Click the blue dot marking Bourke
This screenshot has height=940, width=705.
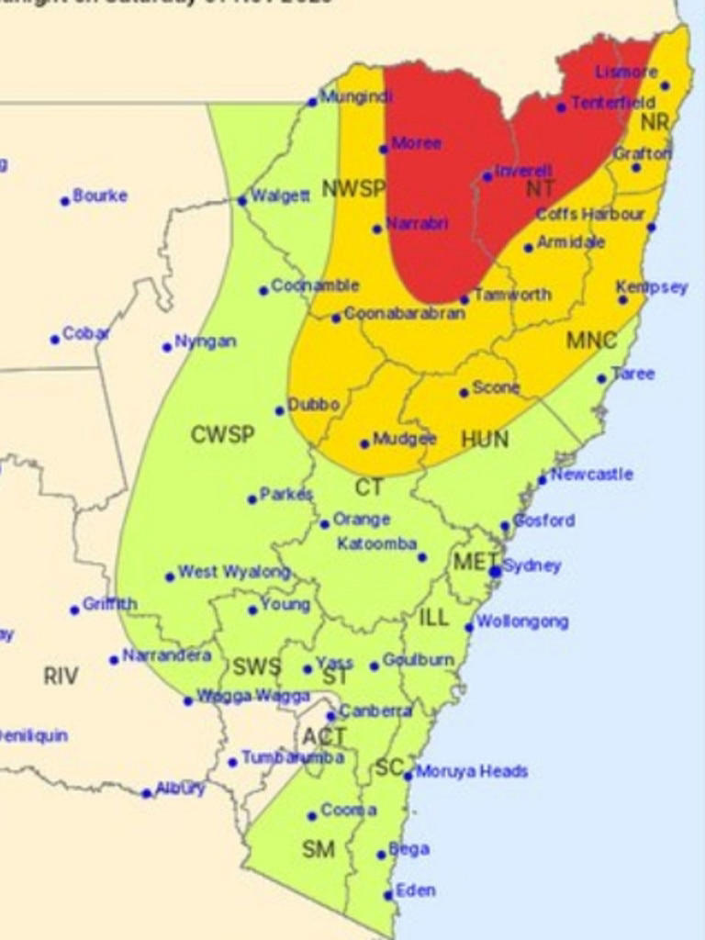[65, 201]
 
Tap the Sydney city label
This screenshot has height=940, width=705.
[532, 565]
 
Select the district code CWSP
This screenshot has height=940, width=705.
[222, 434]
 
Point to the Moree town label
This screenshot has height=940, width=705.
[416, 143]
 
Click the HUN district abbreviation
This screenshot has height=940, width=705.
[485, 440]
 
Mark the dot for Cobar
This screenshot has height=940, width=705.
[55, 340]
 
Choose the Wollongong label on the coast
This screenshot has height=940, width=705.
[522, 621]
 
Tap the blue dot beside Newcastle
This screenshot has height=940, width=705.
[543, 479]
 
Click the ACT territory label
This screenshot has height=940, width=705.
[325, 736]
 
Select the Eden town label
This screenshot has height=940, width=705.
[416, 890]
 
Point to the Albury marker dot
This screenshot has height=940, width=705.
[147, 793]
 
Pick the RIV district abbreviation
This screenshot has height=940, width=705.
[61, 677]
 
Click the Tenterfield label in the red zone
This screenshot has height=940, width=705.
[613, 102]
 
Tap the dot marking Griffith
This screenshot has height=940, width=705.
[75, 610]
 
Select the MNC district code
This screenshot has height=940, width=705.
[591, 341]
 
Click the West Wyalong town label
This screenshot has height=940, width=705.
[234, 572]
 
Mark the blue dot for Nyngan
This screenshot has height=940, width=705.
[167, 347]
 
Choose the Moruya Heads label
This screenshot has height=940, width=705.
[472, 771]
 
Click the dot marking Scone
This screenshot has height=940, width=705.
[464, 393]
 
